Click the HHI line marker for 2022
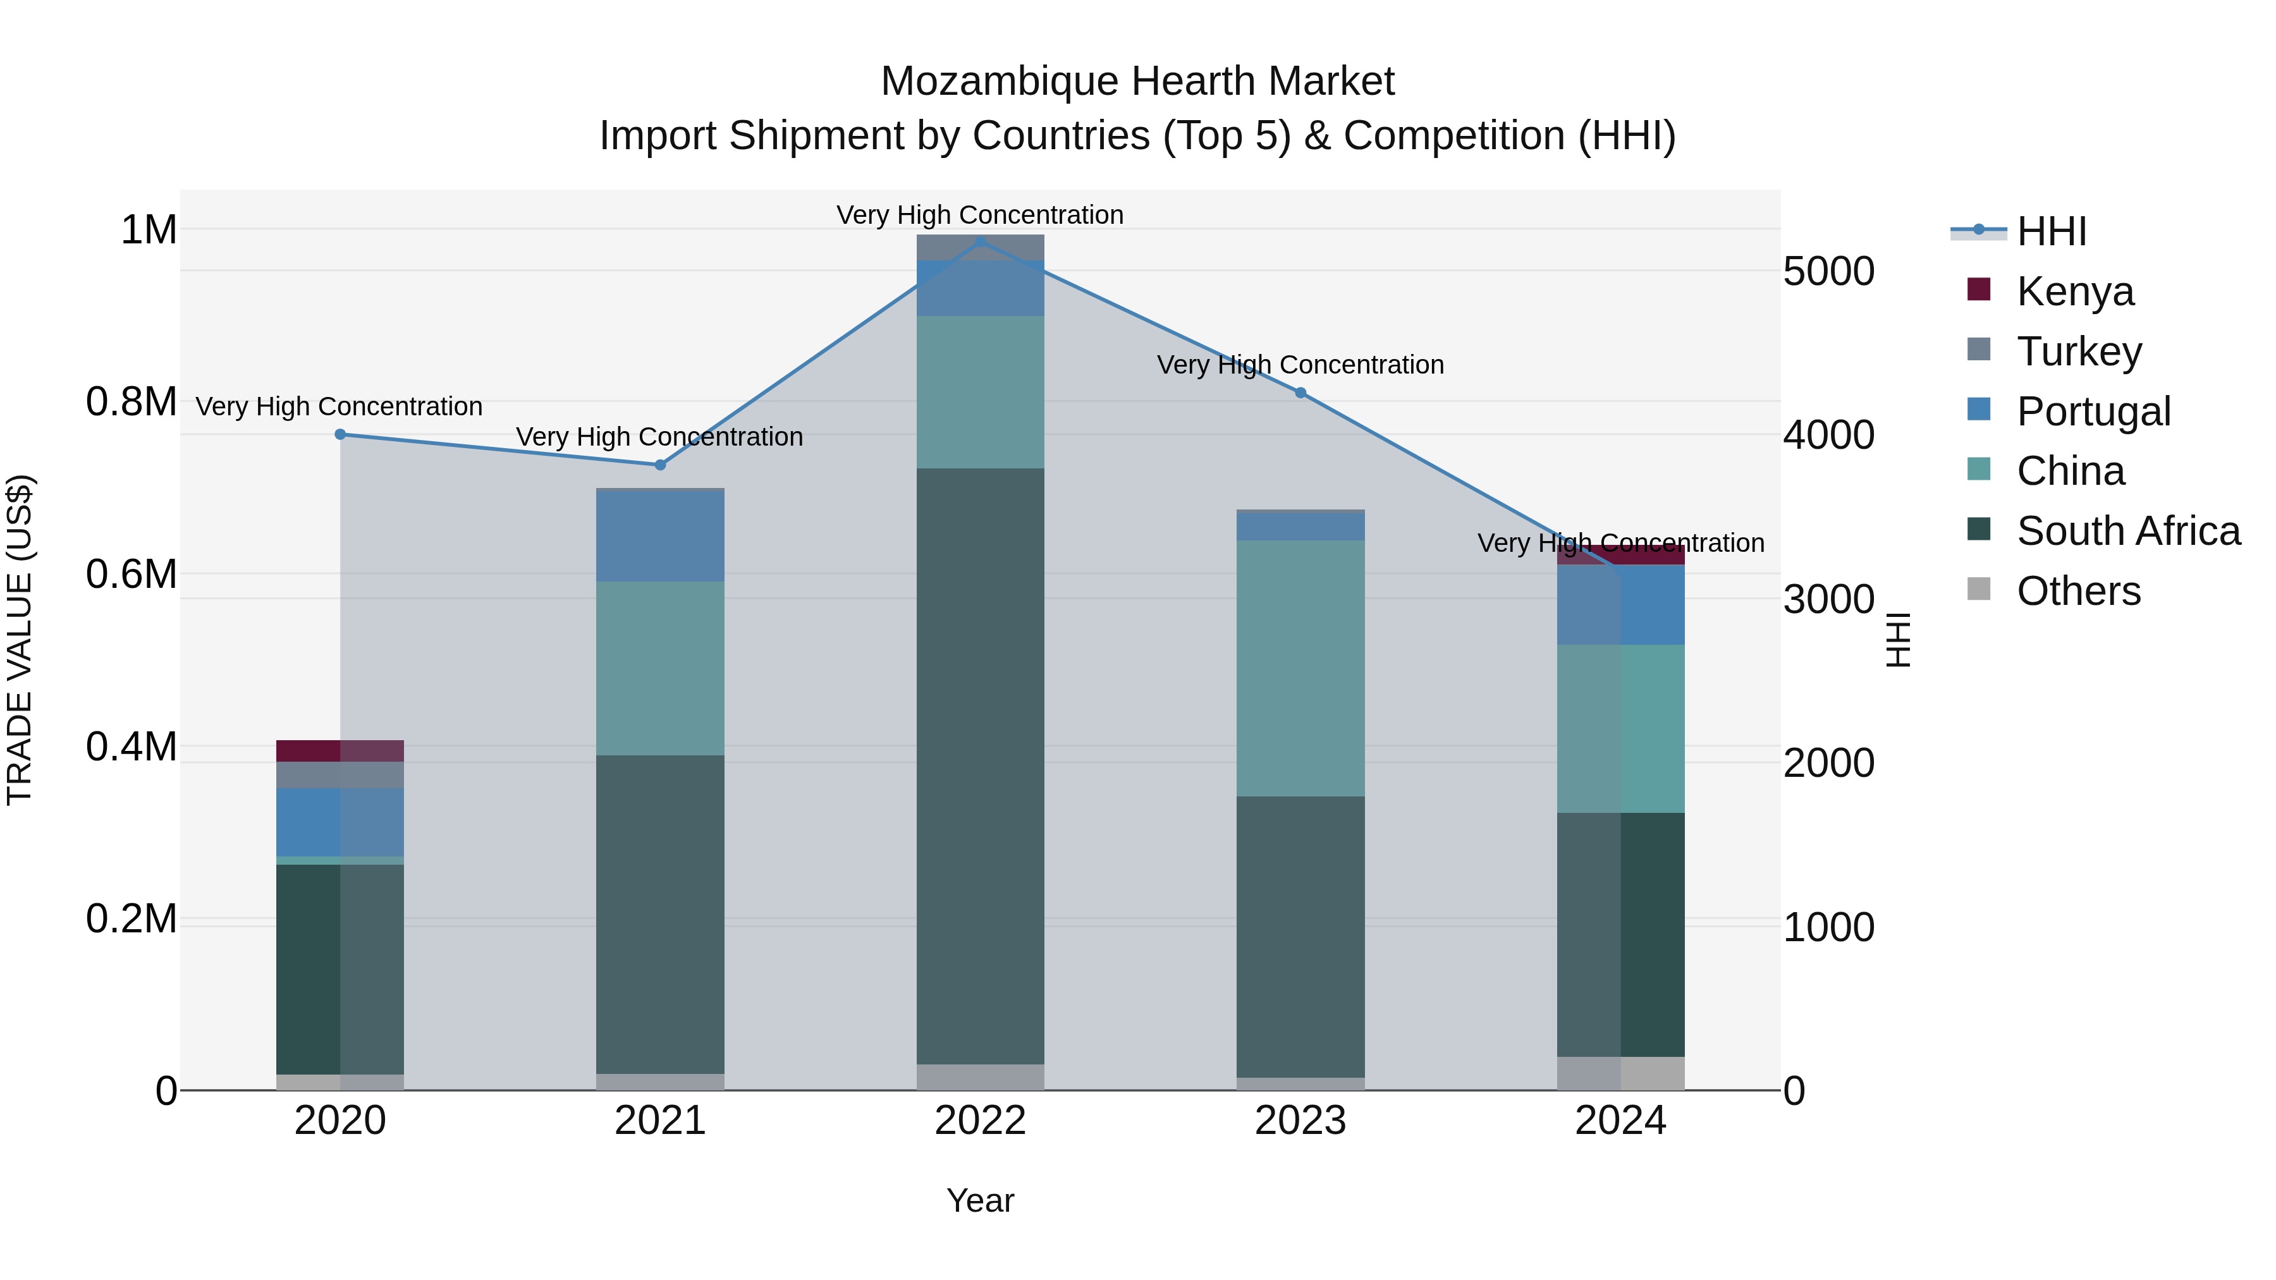(980, 241)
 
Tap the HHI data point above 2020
(340, 434)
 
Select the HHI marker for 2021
(660, 465)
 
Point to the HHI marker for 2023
(1300, 393)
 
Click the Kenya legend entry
(2074, 291)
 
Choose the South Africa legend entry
(2127, 531)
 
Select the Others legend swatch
(1979, 589)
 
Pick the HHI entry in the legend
(2052, 231)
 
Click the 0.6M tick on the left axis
(131, 574)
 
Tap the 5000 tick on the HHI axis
(1828, 271)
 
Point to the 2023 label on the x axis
(1300, 1121)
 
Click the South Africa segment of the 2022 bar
(980, 765)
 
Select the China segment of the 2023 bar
(1300, 668)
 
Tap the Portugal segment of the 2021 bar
(660, 535)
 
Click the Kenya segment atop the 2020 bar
(340, 750)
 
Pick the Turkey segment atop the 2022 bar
(980, 247)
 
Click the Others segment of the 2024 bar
(1620, 1073)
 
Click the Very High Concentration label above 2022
(980, 215)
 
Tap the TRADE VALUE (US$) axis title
(20, 640)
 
